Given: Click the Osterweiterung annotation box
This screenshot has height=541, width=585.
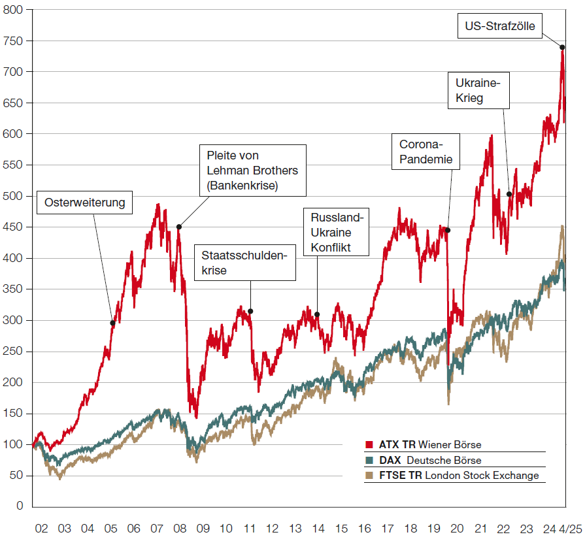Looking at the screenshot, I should click(84, 203).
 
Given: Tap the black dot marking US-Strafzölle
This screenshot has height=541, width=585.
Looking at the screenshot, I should click(562, 47).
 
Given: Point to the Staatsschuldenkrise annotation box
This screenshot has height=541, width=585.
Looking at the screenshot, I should click(244, 263).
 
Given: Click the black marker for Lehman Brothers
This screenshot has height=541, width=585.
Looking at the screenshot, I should click(179, 227).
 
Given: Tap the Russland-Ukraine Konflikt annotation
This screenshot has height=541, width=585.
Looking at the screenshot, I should click(340, 232).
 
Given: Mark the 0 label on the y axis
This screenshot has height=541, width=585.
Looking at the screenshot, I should click(20, 506).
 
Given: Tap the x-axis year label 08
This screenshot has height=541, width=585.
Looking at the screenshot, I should click(180, 527).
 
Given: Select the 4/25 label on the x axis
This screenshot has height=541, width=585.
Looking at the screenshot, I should click(571, 527).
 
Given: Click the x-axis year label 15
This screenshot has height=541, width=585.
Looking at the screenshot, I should click(341, 527).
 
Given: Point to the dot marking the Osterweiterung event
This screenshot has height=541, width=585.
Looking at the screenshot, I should click(112, 323).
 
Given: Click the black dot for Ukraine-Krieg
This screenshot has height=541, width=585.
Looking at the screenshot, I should click(509, 194).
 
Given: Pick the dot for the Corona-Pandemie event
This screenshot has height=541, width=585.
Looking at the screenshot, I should click(448, 230).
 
